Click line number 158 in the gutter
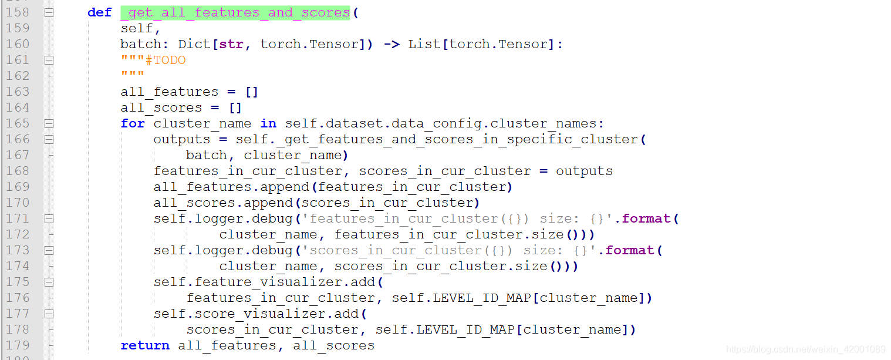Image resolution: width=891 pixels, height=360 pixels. [x=18, y=12]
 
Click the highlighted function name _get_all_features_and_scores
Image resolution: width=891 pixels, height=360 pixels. [x=235, y=12]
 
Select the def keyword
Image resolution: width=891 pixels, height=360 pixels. [x=99, y=12]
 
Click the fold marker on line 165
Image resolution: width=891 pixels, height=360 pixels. [x=49, y=123]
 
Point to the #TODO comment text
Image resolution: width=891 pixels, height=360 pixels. [x=166, y=60]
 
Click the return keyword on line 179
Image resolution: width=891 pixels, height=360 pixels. [x=145, y=345]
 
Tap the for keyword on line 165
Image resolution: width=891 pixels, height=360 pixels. [x=133, y=123]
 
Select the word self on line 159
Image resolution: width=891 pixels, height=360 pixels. [x=137, y=28]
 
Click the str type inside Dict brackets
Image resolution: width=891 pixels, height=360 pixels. [x=231, y=44]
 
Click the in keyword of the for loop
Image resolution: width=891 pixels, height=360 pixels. [x=268, y=123]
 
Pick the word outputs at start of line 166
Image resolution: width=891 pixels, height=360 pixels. [x=181, y=139]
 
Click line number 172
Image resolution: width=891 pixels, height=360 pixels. [x=18, y=234]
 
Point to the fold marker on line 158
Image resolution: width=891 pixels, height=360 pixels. [x=49, y=12]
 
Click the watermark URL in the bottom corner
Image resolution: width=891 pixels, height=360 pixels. [x=805, y=349]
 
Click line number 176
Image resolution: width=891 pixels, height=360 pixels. [x=18, y=298]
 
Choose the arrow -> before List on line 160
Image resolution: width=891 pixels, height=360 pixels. [x=392, y=44]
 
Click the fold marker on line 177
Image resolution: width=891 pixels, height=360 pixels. [x=49, y=314]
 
